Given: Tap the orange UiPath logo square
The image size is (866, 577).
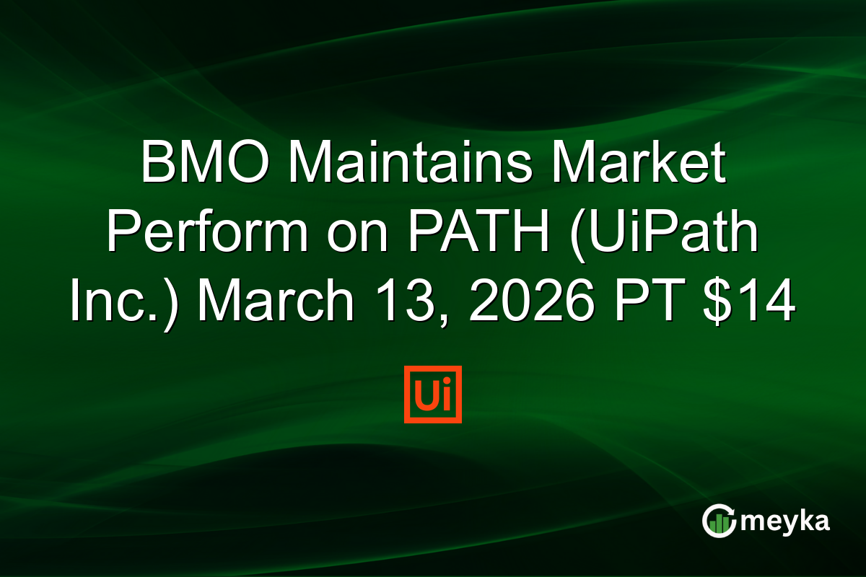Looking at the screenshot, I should [x=433, y=395].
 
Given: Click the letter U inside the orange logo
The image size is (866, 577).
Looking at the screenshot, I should [x=425, y=396].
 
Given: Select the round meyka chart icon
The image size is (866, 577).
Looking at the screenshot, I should [x=719, y=521].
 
